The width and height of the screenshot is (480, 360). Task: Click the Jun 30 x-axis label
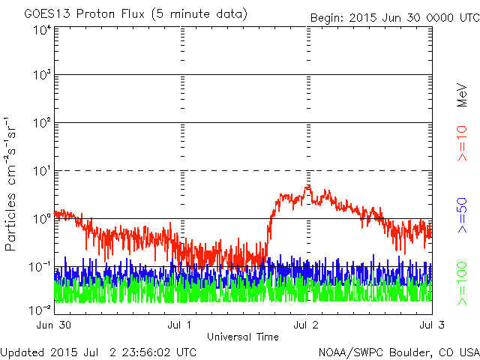[53, 325]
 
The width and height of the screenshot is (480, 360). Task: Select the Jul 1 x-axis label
[181, 325]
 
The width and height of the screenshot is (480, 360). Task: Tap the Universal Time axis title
[243, 337]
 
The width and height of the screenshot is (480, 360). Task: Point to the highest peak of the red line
[307, 186]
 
